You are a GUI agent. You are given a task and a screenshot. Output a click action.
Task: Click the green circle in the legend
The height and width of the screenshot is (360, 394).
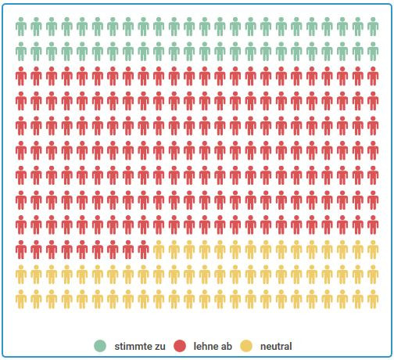[100, 345]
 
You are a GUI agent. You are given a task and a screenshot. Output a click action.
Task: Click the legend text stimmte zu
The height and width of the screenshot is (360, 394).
[139, 345]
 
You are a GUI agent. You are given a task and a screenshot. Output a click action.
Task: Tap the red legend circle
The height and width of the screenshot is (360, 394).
[180, 345]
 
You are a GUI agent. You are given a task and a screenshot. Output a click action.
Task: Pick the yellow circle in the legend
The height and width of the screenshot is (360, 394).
[246, 345]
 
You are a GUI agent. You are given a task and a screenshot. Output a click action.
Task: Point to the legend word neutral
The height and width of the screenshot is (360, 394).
[276, 345]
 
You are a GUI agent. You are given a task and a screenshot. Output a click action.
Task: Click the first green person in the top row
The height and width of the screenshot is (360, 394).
[21, 27]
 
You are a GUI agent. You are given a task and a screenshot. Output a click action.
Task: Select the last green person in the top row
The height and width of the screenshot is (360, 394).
[373, 27]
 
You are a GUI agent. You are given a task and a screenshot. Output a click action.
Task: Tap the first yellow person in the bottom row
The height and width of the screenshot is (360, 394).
[21, 299]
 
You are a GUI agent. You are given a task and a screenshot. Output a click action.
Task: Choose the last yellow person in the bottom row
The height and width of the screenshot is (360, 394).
[373, 299]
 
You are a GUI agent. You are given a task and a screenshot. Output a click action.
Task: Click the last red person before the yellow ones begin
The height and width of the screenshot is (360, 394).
[144, 250]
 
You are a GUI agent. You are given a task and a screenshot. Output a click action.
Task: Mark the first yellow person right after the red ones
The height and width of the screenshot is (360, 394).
[159, 250]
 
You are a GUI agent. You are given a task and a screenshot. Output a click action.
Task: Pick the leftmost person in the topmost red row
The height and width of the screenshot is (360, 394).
[21, 77]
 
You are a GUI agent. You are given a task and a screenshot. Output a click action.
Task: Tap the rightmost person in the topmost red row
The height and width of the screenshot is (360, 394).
[373, 77]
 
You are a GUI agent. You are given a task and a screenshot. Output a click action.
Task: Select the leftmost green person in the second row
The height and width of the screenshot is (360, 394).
[21, 52]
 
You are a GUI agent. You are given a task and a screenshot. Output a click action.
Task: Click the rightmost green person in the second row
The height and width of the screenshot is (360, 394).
[373, 52]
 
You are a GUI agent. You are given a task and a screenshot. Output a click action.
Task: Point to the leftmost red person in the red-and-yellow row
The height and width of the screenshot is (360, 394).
[21, 250]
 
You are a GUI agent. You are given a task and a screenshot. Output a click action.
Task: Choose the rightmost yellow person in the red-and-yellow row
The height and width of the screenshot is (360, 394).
[373, 250]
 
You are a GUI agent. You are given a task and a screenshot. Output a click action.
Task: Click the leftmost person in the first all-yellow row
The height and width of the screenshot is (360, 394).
[21, 275]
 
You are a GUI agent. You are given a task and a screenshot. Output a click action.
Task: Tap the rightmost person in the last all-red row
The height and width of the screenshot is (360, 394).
[373, 225]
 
